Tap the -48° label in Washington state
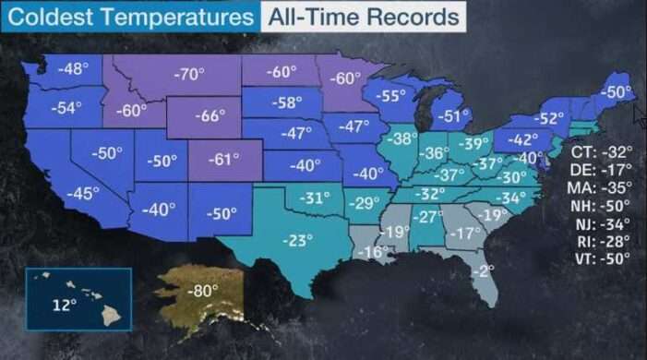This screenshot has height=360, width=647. click(x=73, y=69)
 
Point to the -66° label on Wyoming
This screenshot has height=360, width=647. click(x=210, y=115)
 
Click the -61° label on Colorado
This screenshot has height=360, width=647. click(x=225, y=158)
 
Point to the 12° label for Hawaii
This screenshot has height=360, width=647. click(x=63, y=305)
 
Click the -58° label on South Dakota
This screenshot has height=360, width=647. click(x=288, y=102)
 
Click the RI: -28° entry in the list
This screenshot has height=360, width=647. click(x=601, y=241)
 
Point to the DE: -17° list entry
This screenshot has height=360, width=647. click(x=601, y=170)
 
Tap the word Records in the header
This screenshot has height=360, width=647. click(x=416, y=17)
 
